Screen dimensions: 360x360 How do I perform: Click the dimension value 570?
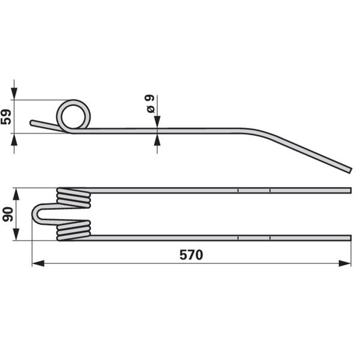click(191, 255)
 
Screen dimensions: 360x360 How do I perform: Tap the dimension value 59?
click(6, 117)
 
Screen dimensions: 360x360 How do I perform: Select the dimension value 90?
click(8, 214)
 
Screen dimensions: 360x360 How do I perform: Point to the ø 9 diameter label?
click(151, 104)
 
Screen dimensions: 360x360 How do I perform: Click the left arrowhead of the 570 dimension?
click(38, 263)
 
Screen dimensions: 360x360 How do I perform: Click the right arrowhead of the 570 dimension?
click(345, 263)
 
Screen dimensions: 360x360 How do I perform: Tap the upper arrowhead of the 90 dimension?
click(16, 194)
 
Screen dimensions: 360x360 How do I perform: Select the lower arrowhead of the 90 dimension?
click(16, 235)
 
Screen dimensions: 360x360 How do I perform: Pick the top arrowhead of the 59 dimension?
click(14, 94)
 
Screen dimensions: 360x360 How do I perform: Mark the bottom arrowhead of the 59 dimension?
click(14, 139)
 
